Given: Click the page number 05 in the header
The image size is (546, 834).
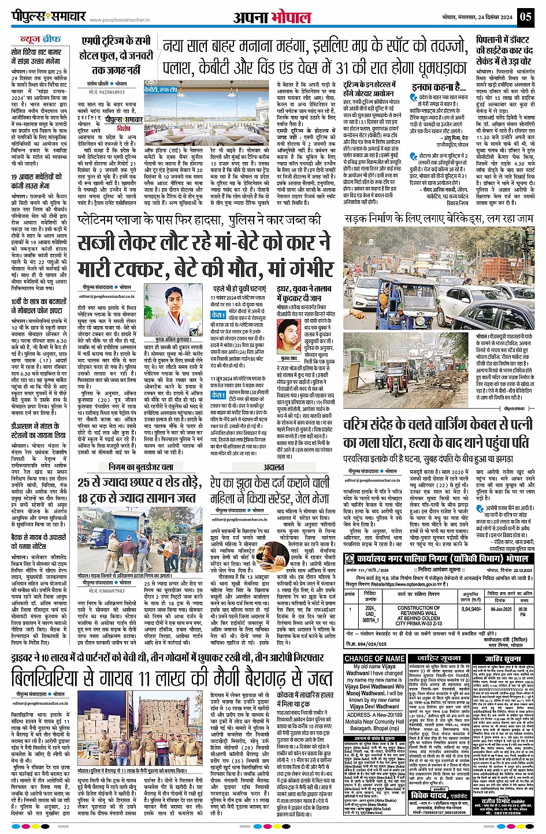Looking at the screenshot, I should [x=525, y=17].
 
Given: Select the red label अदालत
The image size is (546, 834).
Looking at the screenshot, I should [x=274, y=467].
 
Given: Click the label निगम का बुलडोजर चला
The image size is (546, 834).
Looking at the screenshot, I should [x=141, y=467].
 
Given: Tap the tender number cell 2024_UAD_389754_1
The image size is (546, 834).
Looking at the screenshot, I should [x=370, y=615].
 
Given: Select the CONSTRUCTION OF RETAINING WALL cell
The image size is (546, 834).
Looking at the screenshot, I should [x=419, y=616].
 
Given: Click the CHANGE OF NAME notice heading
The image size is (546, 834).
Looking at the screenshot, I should [x=374, y=659].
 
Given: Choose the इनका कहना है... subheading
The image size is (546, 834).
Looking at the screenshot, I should [x=439, y=87].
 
